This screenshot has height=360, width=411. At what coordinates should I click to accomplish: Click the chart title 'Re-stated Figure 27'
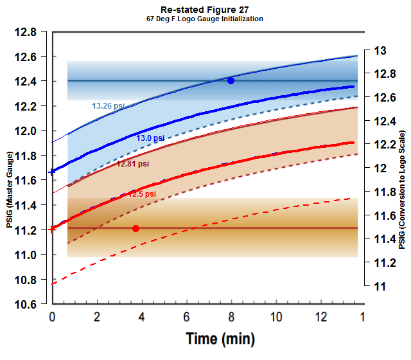(x=205, y=10)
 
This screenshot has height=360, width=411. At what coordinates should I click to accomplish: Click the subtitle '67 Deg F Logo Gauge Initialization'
(x=205, y=19)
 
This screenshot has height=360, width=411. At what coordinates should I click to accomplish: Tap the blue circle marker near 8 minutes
(x=231, y=80)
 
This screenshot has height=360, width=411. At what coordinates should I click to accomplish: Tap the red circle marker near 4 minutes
(x=136, y=228)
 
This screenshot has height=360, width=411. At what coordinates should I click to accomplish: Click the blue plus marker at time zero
(x=52, y=172)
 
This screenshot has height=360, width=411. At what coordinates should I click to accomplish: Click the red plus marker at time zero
(x=52, y=229)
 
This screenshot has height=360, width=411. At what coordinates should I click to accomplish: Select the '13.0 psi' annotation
(x=150, y=138)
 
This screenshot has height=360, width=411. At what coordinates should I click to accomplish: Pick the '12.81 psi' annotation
(x=132, y=164)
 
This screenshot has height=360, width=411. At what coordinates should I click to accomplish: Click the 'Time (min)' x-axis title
(x=220, y=338)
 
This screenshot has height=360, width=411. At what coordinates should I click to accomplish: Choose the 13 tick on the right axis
(x=380, y=51)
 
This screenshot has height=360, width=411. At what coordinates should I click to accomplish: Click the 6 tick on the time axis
(x=186, y=317)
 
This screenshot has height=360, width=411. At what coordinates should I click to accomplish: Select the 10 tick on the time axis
(x=276, y=317)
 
